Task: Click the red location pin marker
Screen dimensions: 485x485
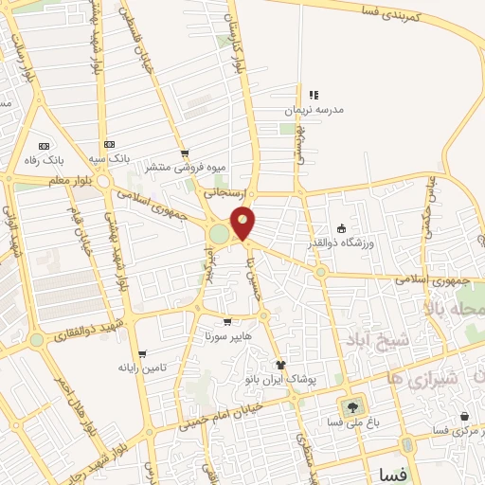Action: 243,224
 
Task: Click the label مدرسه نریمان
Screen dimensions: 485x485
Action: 314,110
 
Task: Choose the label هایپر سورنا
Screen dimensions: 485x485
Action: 226,336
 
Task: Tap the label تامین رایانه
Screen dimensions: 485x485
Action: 142,368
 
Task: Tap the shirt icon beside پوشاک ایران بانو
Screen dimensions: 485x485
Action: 280,364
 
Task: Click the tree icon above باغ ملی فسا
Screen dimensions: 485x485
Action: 353,407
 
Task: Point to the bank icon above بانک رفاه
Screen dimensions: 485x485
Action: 45,146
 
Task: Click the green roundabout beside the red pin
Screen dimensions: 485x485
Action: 220,233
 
